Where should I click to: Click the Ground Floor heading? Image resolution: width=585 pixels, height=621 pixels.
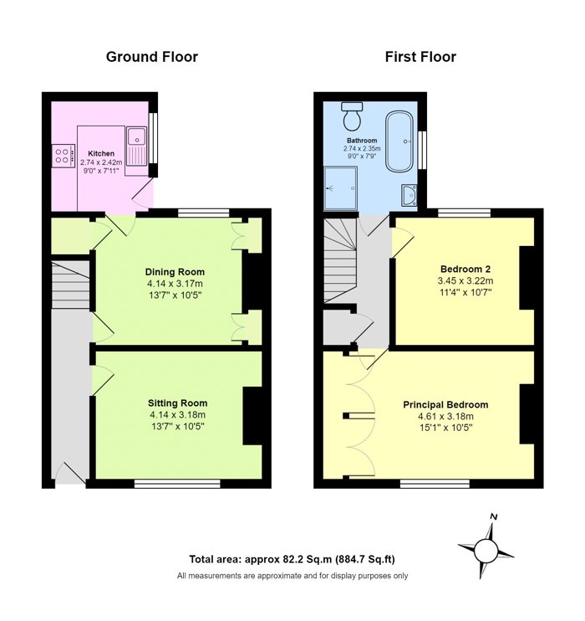pyautogui.click(x=152, y=57)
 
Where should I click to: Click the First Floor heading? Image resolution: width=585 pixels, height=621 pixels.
pyautogui.click(x=420, y=57)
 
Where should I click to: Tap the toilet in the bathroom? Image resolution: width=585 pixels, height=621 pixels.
pyautogui.click(x=352, y=116)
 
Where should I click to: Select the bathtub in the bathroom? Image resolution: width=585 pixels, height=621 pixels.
pyautogui.click(x=399, y=141)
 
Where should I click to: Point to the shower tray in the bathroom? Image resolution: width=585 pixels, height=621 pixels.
pyautogui.click(x=341, y=188)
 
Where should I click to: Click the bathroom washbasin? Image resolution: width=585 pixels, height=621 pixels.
pyautogui.click(x=409, y=195)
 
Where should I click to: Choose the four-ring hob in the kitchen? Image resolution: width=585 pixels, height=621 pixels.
pyautogui.click(x=64, y=155)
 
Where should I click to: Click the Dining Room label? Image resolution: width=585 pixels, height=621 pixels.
pyautogui.click(x=175, y=272)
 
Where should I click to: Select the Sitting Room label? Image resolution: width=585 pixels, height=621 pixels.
pyautogui.click(x=178, y=403)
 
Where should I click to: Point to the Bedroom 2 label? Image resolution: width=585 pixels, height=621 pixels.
pyautogui.click(x=465, y=269)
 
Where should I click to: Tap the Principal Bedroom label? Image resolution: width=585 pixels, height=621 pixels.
pyautogui.click(x=445, y=405)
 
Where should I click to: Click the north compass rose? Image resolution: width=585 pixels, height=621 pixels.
pyautogui.click(x=486, y=548)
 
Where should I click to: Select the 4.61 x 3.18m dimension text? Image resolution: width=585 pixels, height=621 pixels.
pyautogui.click(x=445, y=416)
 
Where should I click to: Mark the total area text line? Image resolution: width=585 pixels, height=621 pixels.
pyautogui.click(x=292, y=559)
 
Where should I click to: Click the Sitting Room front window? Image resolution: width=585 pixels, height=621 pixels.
pyautogui.click(x=177, y=484)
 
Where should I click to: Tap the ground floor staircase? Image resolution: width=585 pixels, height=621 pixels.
pyautogui.click(x=70, y=285)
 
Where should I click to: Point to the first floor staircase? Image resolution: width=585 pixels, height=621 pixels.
pyautogui.click(x=341, y=261)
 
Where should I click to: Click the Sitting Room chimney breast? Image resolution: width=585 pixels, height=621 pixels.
pyautogui.click(x=252, y=416)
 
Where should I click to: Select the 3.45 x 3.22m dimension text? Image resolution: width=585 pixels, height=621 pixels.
pyautogui.click(x=465, y=281)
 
